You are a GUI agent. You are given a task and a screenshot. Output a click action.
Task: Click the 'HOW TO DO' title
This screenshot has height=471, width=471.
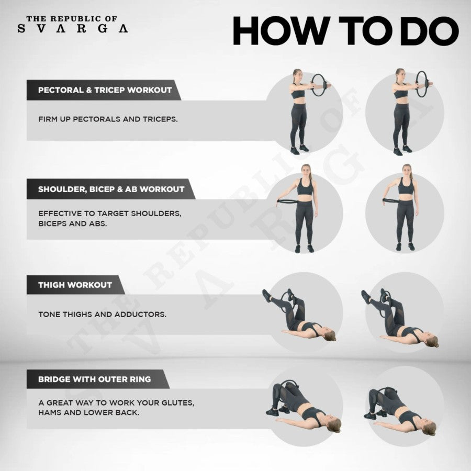point(346,31)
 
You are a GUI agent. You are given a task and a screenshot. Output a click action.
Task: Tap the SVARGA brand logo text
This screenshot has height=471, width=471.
point(73,29)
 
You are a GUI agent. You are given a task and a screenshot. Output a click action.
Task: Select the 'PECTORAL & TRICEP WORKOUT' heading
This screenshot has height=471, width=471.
point(105,90)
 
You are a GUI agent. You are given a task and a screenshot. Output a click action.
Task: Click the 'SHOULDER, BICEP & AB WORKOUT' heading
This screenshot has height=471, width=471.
point(111,189)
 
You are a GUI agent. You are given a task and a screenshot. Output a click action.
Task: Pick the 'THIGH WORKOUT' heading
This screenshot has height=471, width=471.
point(75,285)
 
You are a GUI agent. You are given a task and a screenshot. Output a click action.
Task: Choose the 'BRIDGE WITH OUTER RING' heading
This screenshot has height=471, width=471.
point(95,379)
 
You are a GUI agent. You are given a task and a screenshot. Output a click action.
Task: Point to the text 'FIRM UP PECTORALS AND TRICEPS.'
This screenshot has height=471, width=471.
point(108,119)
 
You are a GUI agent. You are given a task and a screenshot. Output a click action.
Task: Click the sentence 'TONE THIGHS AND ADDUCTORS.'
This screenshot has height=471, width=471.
point(102,315)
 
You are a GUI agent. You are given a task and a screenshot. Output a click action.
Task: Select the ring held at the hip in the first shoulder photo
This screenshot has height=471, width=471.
point(287,201)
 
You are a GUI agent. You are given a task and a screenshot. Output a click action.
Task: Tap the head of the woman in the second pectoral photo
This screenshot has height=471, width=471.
point(400,74)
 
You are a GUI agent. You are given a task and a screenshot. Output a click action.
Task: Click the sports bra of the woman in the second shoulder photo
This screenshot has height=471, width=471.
point(406,186)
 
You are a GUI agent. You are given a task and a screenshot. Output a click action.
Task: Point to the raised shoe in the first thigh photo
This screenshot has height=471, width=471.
point(267,296)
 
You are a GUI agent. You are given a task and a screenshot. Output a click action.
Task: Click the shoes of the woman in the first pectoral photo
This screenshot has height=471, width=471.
point(299,149)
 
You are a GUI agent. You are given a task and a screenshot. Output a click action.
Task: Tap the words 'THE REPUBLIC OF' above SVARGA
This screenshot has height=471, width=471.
point(72,19)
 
